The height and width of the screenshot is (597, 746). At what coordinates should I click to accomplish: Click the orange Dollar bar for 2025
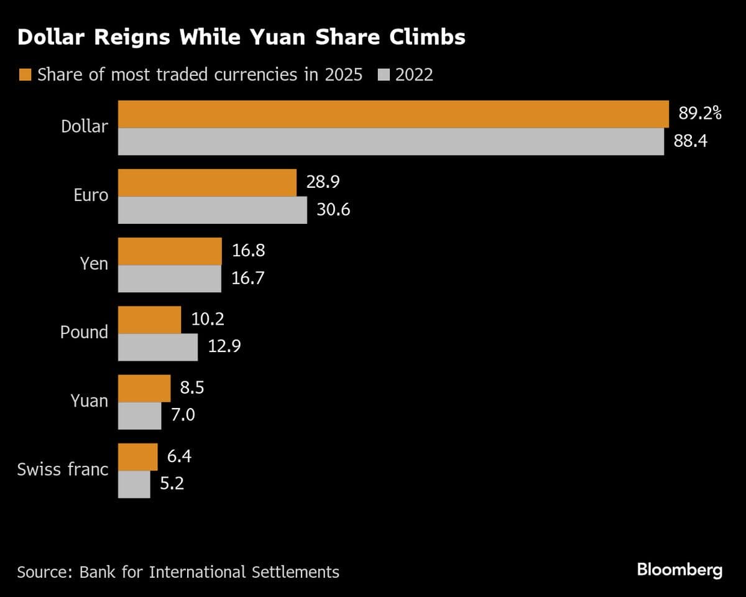tap(393, 114)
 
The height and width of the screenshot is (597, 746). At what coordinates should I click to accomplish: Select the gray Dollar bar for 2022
tap(390, 142)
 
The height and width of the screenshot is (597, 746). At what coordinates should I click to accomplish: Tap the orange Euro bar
tap(207, 183)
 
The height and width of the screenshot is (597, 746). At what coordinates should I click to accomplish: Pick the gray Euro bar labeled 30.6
tap(212, 210)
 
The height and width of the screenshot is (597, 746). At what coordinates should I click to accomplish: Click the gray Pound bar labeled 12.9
tap(158, 347)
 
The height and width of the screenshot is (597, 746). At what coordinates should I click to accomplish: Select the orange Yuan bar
tap(144, 389)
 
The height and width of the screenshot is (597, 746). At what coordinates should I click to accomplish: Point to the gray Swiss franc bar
tap(134, 484)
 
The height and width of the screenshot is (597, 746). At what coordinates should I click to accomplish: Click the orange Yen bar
tap(170, 251)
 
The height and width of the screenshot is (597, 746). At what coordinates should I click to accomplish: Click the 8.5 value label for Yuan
tap(191, 388)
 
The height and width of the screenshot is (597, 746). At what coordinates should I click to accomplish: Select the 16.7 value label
tap(247, 278)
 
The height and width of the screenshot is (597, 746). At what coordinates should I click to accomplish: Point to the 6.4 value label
tap(179, 456)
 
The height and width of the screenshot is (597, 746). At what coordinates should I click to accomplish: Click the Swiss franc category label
tap(63, 469)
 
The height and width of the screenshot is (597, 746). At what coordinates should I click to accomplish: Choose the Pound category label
tap(84, 332)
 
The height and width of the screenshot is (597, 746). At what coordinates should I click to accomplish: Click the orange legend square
tap(25, 75)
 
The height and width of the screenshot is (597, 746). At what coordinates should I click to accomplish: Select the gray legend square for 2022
tap(384, 75)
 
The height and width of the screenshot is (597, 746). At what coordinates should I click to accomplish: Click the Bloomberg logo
tap(679, 570)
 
